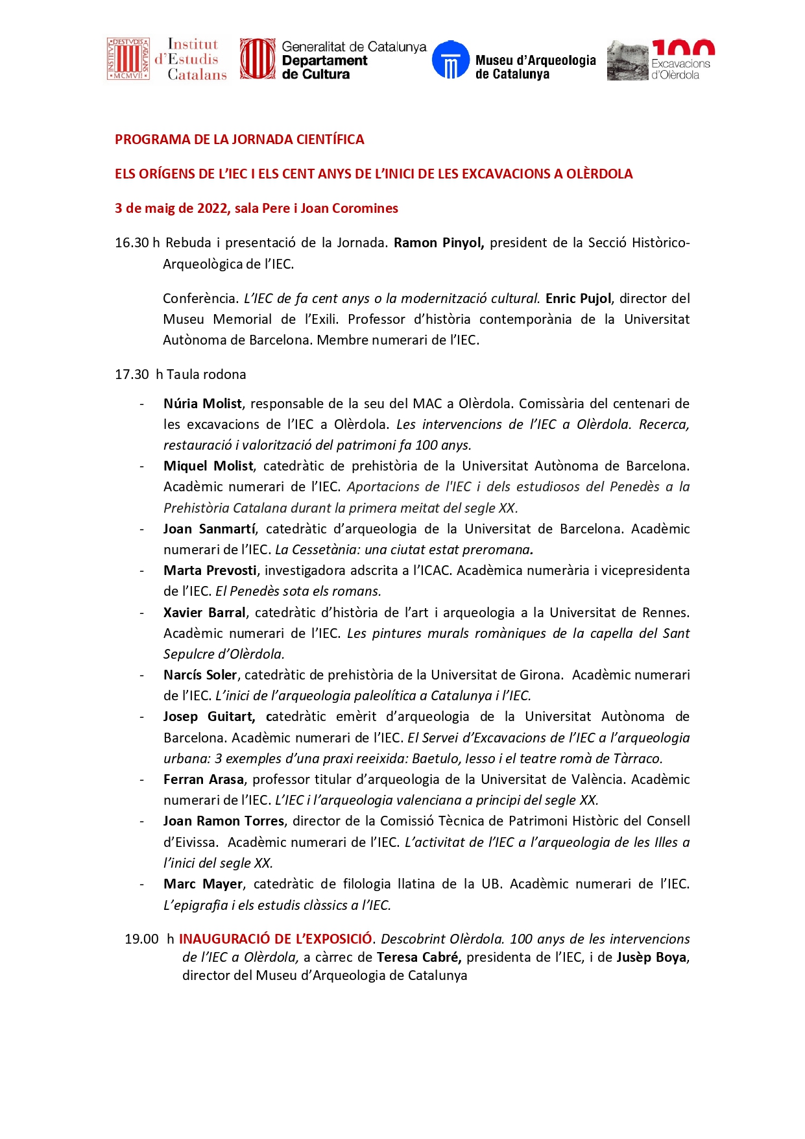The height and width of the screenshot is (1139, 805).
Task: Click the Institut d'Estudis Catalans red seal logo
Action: pyautogui.click(x=128, y=59)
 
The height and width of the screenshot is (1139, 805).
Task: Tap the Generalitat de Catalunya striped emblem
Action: pyautogui.click(x=258, y=59)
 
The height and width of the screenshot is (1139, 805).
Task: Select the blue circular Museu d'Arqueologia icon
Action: pyautogui.click(x=450, y=60)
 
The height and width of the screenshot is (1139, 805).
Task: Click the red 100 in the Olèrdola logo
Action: pyautogui.click(x=683, y=49)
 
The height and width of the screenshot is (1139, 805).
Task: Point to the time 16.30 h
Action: pyautogui.click(x=137, y=243)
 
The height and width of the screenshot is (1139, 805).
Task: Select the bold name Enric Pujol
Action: pyautogui.click(x=578, y=299)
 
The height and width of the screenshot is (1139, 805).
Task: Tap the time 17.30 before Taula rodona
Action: pyautogui.click(x=132, y=374)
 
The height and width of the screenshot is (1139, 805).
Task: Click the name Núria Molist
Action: pyautogui.click(x=202, y=404)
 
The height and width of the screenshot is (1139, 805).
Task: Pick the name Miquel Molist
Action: pyautogui.click(x=208, y=466)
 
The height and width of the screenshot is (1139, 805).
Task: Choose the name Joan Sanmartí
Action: pyautogui.click(x=210, y=529)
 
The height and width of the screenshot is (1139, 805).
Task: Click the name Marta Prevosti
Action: pyautogui.click(x=210, y=570)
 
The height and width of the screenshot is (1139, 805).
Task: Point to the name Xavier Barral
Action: pyautogui.click(x=204, y=613)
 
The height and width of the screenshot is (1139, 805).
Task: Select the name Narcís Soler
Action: pyautogui.click(x=200, y=675)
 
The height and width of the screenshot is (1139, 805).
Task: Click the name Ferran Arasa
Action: pyautogui.click(x=204, y=779)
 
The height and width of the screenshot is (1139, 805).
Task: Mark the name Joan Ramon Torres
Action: pyautogui.click(x=224, y=821)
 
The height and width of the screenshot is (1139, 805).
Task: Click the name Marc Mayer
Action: pyautogui.click(x=203, y=884)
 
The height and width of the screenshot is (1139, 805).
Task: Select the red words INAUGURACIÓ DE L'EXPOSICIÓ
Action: pyautogui.click(x=276, y=939)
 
